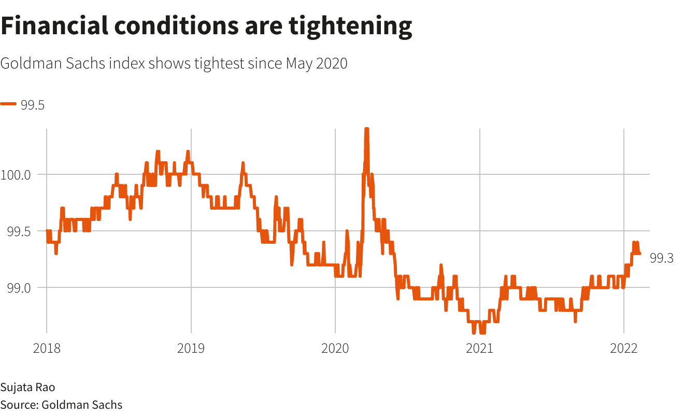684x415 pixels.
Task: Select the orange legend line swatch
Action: coord(9,104)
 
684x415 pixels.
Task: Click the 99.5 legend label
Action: coord(33,105)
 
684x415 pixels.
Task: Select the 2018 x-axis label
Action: coord(47,348)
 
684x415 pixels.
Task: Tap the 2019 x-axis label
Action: coord(191,348)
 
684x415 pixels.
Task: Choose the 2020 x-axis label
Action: coord(335,348)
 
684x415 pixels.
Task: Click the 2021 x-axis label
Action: coord(480,348)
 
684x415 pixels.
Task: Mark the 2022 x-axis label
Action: coord(624,348)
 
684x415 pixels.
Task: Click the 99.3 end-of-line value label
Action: coord(661,258)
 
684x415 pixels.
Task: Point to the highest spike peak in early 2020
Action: coord(366,129)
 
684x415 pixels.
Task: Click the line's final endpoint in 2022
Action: coord(639,253)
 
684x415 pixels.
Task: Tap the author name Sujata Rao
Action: coord(27,388)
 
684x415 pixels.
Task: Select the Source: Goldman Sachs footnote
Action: coord(61,405)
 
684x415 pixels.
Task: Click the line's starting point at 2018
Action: coord(47,231)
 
